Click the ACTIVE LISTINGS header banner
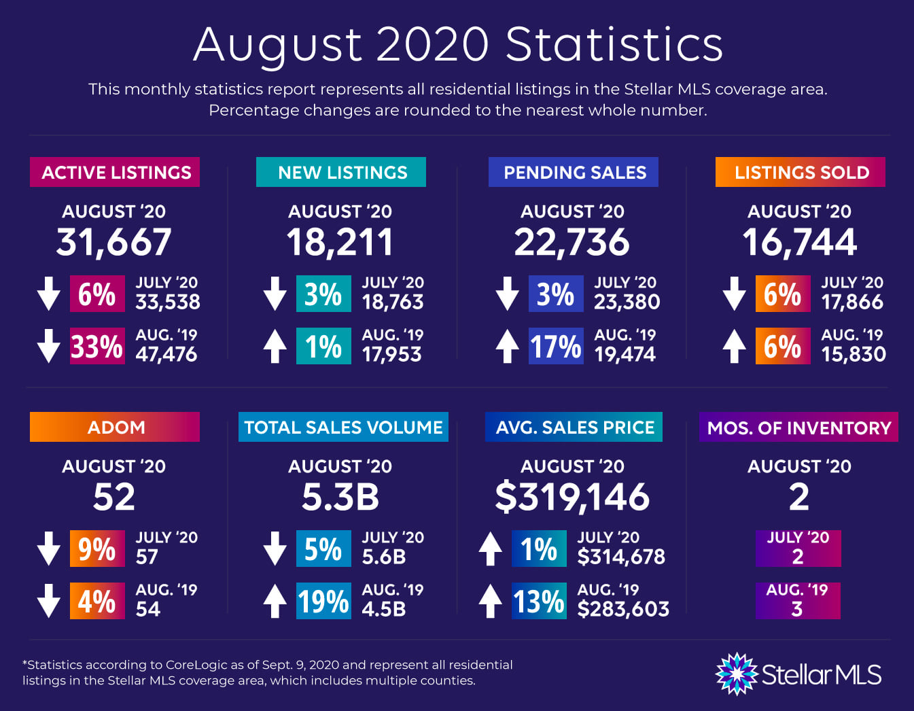(115, 173)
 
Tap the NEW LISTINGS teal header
(341, 173)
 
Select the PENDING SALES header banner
(574, 173)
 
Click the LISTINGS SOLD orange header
(801, 173)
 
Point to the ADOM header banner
(115, 428)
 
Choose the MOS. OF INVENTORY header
(798, 428)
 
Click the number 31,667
(113, 243)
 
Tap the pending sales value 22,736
(572, 243)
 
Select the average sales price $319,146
(572, 497)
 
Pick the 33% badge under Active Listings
(97, 347)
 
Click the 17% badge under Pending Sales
(556, 347)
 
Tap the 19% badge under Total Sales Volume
(323, 602)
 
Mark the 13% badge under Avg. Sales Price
(538, 602)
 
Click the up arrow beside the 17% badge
(508, 346)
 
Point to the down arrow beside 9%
(49, 549)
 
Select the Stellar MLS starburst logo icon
(737, 674)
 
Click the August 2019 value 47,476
(166, 354)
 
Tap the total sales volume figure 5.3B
(340, 497)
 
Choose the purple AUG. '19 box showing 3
(798, 601)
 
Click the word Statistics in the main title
(614, 45)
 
